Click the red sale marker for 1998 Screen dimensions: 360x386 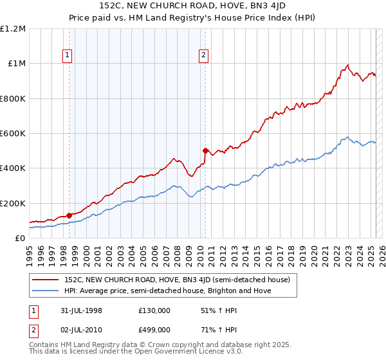(x=69, y=215)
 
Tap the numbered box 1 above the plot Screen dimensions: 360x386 (x=67, y=56)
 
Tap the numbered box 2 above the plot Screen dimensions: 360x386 (x=203, y=56)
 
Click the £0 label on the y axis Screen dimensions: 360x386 (x=20, y=238)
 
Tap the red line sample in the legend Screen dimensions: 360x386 (x=46, y=280)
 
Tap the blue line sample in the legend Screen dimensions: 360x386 (x=46, y=291)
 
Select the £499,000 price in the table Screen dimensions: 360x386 (x=154, y=329)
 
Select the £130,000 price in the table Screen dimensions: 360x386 (x=154, y=310)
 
